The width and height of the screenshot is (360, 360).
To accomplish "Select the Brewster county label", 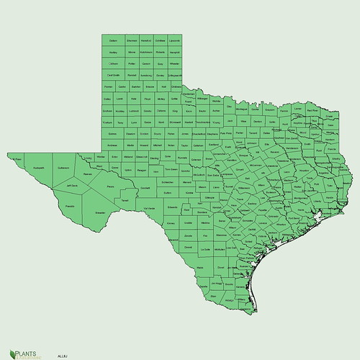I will tap(100, 213).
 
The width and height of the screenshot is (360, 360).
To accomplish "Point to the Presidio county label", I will tap(69, 206).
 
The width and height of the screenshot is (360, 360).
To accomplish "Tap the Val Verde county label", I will tap(149, 208).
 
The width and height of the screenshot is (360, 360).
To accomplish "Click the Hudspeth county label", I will tap(39, 168).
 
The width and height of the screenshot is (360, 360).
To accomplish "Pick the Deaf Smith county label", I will tap(114, 75).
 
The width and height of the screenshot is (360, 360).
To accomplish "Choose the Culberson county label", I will tap(63, 168).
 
